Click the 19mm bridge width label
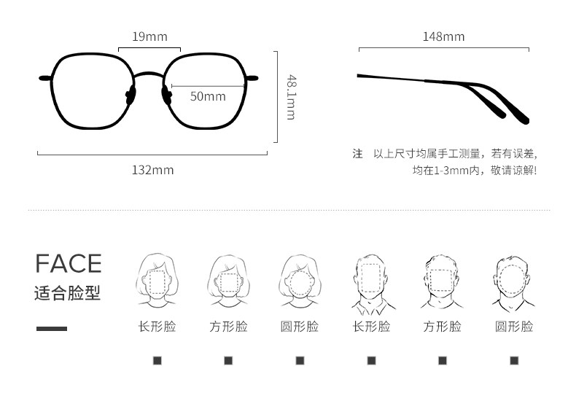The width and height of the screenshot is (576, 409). [149, 36]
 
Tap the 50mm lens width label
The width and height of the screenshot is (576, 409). [208, 96]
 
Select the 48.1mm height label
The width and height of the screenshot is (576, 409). [290, 97]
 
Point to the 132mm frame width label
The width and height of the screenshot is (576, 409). [152, 170]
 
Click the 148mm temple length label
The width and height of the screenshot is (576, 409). [443, 36]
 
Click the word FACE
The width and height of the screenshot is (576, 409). [69, 263]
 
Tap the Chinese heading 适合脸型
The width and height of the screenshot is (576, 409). [67, 293]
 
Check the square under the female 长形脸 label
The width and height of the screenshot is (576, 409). [157, 360]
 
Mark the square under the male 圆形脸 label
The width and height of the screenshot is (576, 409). [513, 360]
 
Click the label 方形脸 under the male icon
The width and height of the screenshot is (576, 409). [442, 327]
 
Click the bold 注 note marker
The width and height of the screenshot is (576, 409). [357, 154]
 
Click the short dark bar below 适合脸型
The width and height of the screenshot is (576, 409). [51, 329]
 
